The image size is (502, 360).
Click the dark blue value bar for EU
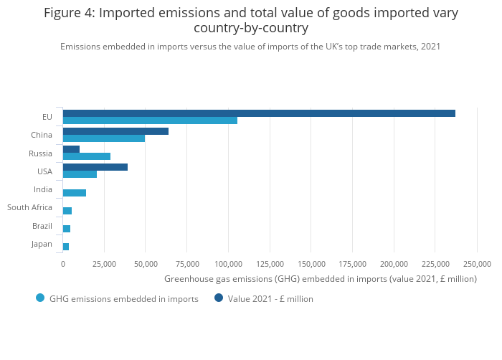[258, 113]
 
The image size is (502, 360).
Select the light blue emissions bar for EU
[150, 120]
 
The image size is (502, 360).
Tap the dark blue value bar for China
[115, 131]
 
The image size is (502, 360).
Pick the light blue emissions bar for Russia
[87, 156]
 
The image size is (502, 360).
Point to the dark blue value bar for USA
[95, 167]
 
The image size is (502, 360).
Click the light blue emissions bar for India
[75, 193]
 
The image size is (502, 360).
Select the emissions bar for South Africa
[67, 211]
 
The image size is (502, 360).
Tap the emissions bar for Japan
[66, 247]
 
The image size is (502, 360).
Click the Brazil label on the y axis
[42, 226]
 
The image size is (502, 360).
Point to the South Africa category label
[29, 207]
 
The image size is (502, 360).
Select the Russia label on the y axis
[40, 153]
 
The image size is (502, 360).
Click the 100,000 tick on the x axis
[228, 264]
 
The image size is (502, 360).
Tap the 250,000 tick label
[476, 264]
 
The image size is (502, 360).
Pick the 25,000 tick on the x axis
[104, 264]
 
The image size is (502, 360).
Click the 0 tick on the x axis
[63, 264]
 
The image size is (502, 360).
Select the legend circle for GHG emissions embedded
[40, 298]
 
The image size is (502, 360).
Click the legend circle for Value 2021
[219, 298]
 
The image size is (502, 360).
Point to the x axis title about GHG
[321, 279]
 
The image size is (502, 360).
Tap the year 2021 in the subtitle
[430, 47]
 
